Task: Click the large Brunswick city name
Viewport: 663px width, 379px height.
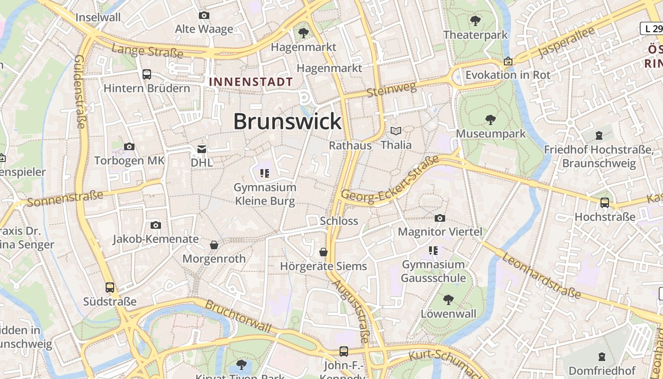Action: (287, 121)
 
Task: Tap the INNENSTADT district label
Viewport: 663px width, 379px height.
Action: (251, 81)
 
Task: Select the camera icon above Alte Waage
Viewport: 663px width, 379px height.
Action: (204, 16)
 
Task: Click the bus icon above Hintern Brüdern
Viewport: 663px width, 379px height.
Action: (147, 74)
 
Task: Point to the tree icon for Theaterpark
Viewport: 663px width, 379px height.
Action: (475, 21)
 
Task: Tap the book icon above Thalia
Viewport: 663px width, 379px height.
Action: (396, 131)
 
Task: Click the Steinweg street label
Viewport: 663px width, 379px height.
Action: (391, 89)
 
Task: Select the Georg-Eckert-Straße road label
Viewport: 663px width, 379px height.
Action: (390, 181)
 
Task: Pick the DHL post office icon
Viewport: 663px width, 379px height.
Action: (202, 149)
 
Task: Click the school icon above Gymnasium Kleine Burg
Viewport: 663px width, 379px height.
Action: (265, 173)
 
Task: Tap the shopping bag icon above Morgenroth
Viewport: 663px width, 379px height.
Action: (214, 245)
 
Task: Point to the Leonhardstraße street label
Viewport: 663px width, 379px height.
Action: (541, 275)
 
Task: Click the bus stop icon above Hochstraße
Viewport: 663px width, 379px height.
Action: (605, 203)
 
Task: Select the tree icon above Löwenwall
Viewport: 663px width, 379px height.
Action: (448, 300)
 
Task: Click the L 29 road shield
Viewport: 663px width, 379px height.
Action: (651, 28)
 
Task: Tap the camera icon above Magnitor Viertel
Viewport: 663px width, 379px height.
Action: (440, 218)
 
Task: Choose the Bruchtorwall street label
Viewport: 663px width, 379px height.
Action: (238, 316)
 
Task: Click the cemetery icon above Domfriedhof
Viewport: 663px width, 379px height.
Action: (601, 356)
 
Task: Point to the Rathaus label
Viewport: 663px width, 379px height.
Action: (350, 145)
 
